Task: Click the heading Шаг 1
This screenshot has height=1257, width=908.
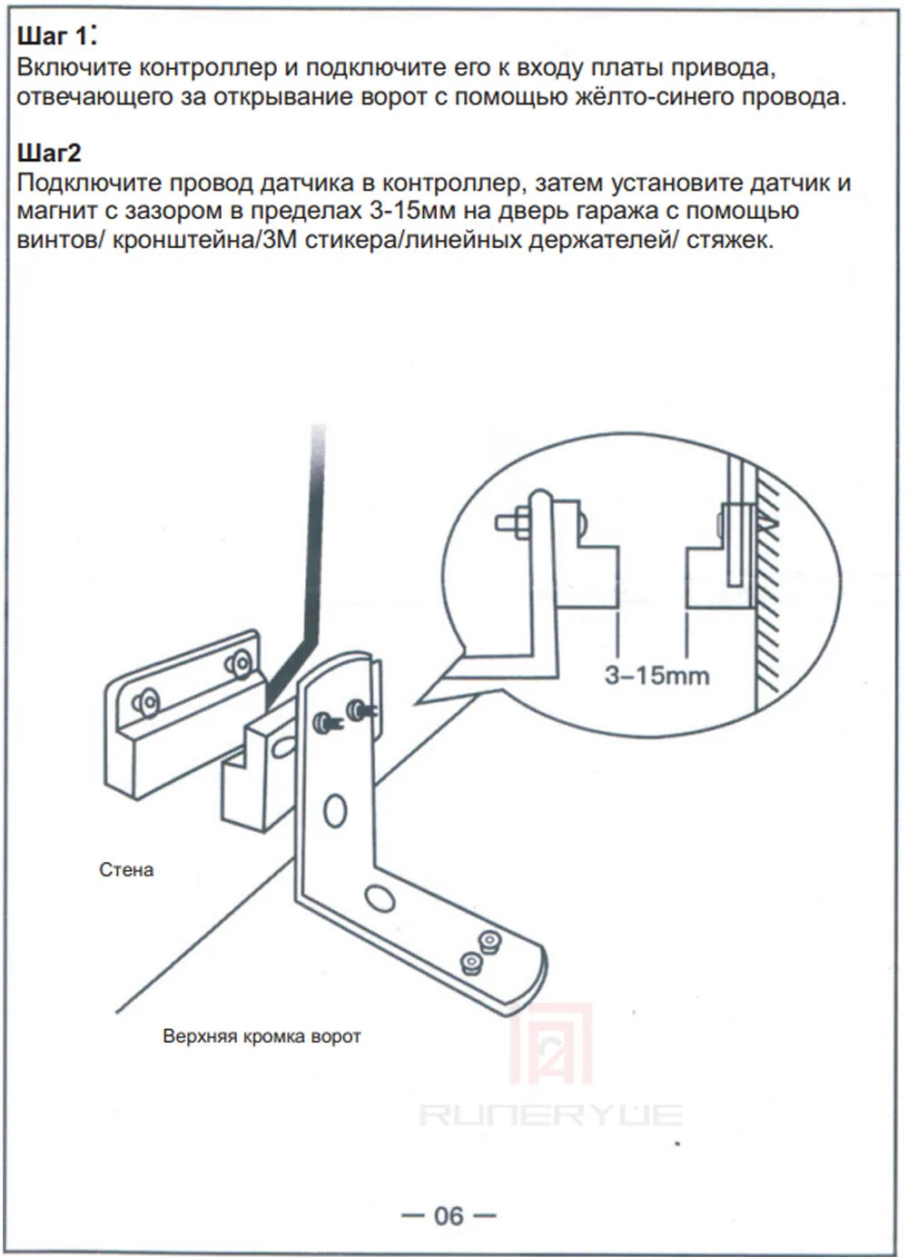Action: click(57, 37)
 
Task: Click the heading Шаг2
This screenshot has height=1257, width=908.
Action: click(49, 153)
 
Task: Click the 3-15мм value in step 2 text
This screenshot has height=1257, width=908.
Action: click(412, 211)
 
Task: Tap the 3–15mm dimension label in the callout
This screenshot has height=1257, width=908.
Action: click(656, 676)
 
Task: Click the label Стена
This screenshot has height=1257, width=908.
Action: click(126, 870)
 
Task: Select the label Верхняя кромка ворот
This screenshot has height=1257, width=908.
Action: click(262, 1020)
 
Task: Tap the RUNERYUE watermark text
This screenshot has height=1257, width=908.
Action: click(550, 1114)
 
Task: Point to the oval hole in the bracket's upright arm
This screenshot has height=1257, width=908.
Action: click(335, 810)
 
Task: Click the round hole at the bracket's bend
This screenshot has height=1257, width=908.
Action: click(380, 896)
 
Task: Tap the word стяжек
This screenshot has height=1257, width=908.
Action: click(730, 241)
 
